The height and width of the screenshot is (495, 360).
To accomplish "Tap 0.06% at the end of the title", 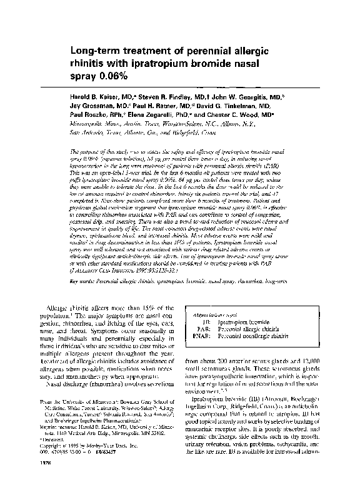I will [x=112, y=76].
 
